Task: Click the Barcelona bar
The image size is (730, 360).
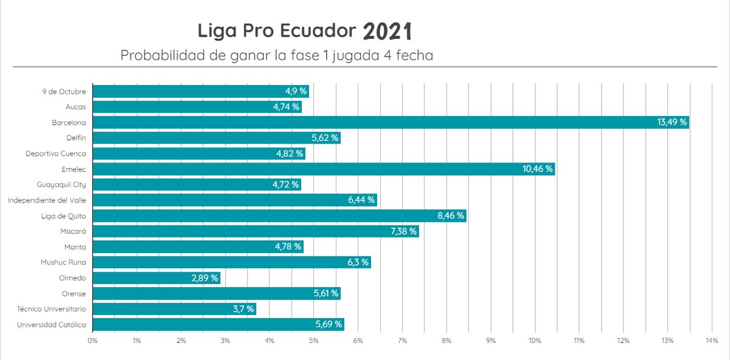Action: (389, 122)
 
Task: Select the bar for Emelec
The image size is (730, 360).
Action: (322, 169)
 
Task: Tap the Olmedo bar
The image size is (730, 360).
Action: (156, 278)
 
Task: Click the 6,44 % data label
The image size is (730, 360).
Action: (361, 200)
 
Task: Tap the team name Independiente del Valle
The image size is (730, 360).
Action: (46, 200)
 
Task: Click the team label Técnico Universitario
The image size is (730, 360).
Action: (51, 309)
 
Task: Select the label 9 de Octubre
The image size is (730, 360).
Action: (64, 91)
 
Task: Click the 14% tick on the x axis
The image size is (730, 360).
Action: (712, 341)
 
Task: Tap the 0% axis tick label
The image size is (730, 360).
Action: (92, 341)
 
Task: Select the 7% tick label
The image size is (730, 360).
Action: (402, 341)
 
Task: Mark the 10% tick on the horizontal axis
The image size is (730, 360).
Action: (535, 341)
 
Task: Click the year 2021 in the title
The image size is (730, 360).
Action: (388, 31)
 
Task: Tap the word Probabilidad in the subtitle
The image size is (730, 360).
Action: (159, 55)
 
